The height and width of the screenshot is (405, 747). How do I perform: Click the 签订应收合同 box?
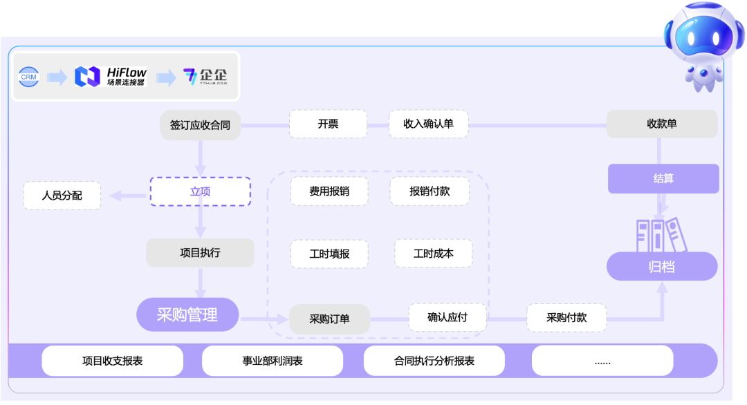(200, 125)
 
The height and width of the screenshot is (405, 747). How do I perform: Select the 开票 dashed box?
(328, 124)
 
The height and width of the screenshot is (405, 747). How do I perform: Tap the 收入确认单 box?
(428, 124)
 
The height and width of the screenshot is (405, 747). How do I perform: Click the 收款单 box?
(662, 124)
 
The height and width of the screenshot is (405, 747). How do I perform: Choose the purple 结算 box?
(663, 178)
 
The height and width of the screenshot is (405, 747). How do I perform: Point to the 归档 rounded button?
(662, 266)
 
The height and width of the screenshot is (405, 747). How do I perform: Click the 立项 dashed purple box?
(200, 191)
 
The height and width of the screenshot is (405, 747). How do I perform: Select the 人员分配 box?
(62, 196)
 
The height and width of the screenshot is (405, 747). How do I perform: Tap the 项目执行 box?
(200, 253)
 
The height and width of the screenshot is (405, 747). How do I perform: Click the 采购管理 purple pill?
(187, 315)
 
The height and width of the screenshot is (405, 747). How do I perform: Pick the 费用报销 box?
(329, 191)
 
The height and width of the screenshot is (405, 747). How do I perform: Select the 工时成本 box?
(433, 254)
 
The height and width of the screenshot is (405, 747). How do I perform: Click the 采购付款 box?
(566, 318)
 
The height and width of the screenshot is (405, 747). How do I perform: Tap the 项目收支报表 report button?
(113, 361)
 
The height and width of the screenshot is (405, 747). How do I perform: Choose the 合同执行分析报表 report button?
(434, 361)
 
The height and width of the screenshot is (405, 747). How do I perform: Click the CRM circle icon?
(29, 77)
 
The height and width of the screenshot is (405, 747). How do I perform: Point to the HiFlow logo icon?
(88, 77)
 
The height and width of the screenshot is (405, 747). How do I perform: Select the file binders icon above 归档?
(657, 234)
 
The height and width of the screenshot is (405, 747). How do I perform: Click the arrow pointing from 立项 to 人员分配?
(125, 196)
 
